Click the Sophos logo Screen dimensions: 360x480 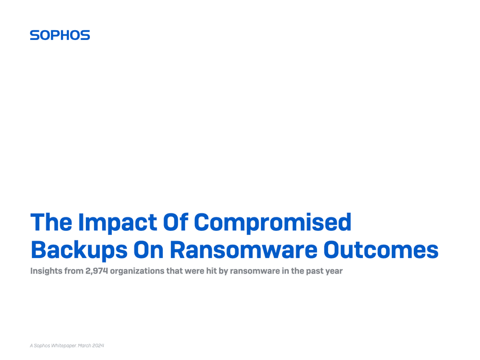[x=60, y=35]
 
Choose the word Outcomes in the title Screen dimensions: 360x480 [x=380, y=250]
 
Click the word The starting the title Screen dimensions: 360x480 [x=50, y=222]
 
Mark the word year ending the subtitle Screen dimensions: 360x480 [x=333, y=271]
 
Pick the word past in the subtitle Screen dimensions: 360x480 [x=314, y=271]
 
